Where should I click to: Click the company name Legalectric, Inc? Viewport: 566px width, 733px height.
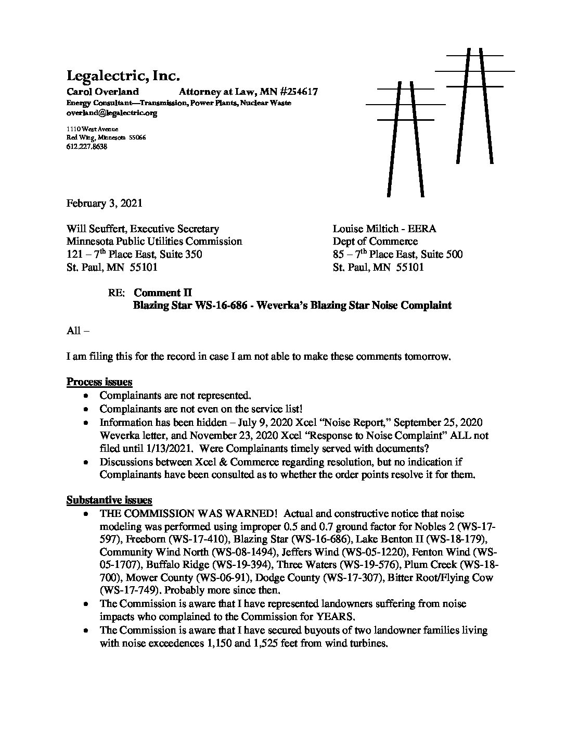tap(123, 76)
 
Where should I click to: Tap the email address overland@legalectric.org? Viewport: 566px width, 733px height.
tap(112, 112)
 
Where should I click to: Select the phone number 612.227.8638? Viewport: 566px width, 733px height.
tap(87, 147)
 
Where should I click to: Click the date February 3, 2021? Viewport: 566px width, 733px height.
tap(104, 203)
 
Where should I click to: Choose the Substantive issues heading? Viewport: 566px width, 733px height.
tap(109, 500)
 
